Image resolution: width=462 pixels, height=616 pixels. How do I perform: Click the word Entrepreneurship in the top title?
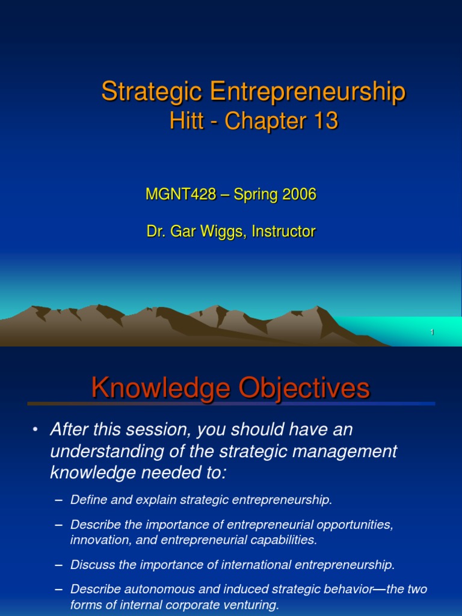(307, 92)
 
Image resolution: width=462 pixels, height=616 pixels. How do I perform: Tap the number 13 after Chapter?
(324, 122)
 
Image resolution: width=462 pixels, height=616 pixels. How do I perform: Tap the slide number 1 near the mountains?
(432, 333)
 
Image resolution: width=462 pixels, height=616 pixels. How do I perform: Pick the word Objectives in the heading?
(304, 389)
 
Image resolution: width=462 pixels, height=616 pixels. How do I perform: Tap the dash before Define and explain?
(58, 500)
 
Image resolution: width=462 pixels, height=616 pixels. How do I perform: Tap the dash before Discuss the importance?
(58, 564)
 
